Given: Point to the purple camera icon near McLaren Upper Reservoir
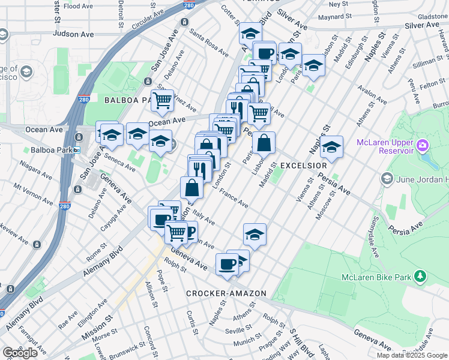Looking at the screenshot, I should [422, 145].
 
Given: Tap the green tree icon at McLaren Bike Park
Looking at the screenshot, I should [421, 276].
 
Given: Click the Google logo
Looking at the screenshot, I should [20, 353].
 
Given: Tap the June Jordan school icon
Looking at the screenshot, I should [387, 179].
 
